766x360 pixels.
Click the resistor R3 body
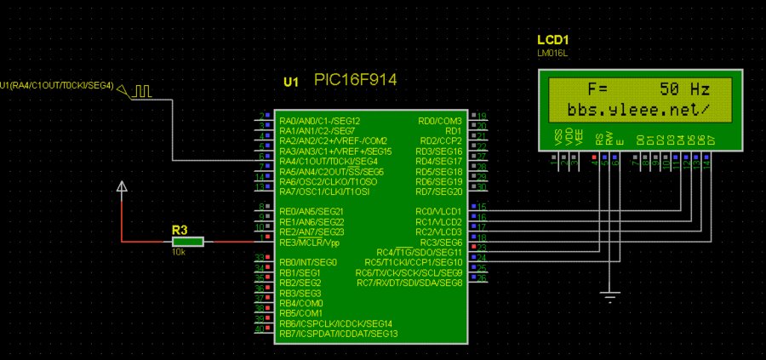click(188, 243)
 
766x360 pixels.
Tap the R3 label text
click(179, 230)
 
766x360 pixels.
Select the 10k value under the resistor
click(179, 253)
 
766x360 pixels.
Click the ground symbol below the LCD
click(609, 297)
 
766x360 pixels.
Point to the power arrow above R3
click(123, 186)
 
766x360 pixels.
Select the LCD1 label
click(552, 40)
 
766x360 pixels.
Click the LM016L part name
click(552, 53)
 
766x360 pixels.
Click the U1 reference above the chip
click(291, 82)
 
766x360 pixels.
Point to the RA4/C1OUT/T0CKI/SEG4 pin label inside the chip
click(328, 161)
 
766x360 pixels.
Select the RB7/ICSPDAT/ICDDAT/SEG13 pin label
click(338, 334)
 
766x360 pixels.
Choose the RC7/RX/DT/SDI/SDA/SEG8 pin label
click(409, 283)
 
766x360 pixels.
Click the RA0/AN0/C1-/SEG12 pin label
click(319, 120)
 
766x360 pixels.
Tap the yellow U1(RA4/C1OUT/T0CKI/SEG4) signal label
click(57, 85)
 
